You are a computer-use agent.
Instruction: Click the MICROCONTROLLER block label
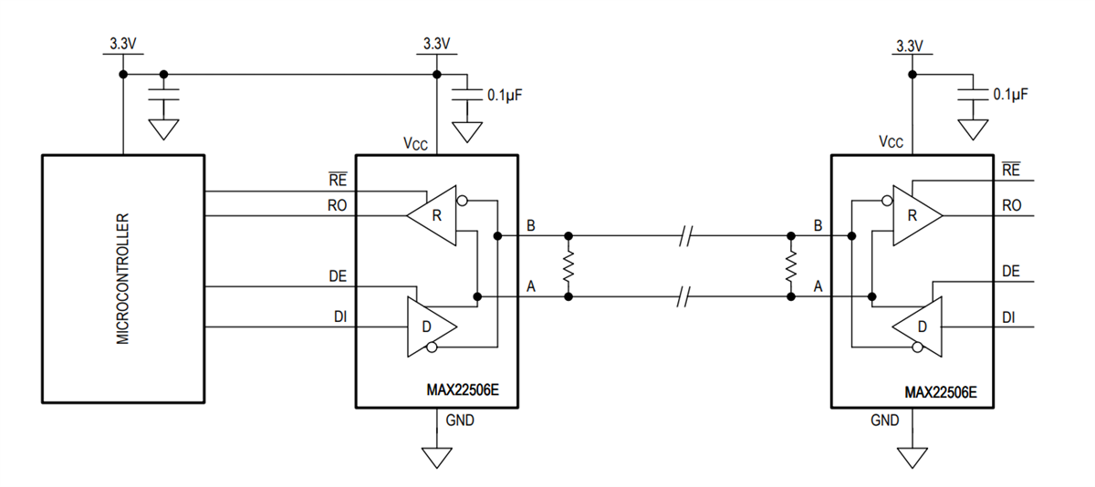(123, 279)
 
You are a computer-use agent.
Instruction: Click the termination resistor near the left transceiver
(568, 266)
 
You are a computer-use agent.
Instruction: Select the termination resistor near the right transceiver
(791, 266)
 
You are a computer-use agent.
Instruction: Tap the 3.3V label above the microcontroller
(122, 43)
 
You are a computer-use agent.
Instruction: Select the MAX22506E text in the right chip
(940, 392)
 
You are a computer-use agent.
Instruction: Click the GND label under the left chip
(460, 420)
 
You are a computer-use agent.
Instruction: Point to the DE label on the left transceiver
(337, 275)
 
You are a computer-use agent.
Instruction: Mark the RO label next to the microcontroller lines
(338, 206)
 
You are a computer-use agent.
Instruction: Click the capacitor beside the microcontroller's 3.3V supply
(164, 95)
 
